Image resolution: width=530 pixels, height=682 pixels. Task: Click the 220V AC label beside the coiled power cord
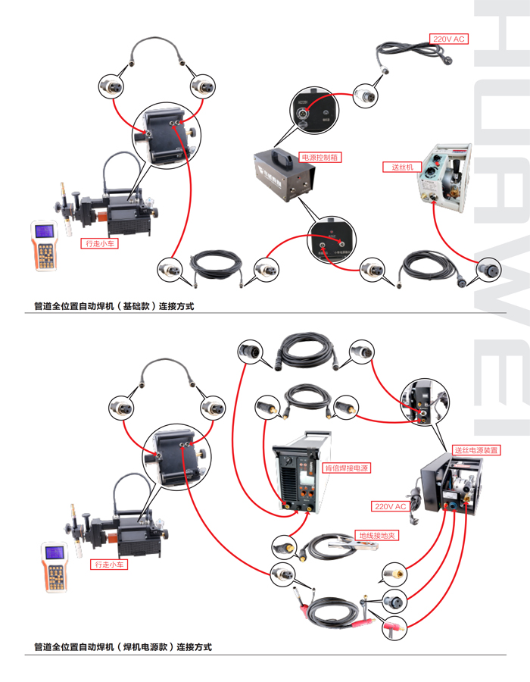(449, 38)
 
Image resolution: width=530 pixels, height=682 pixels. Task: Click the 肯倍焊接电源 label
(345, 468)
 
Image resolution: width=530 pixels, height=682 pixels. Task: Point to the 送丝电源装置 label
(476, 450)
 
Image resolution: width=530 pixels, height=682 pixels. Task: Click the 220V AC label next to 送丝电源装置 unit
(390, 506)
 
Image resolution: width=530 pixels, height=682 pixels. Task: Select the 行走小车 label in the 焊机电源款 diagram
(110, 565)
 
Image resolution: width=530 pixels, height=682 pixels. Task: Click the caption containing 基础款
(114, 307)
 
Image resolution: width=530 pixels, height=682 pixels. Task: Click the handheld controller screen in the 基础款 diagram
(45, 233)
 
